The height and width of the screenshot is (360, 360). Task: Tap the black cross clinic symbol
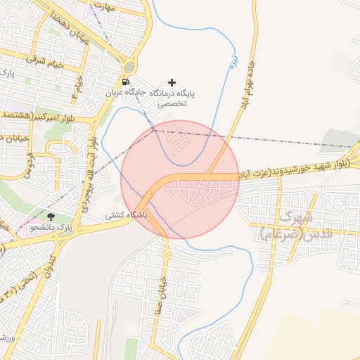click(x=172, y=82)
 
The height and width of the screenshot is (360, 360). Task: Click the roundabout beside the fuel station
click(x=129, y=67)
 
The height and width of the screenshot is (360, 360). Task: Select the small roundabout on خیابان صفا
click(x=167, y=254)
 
